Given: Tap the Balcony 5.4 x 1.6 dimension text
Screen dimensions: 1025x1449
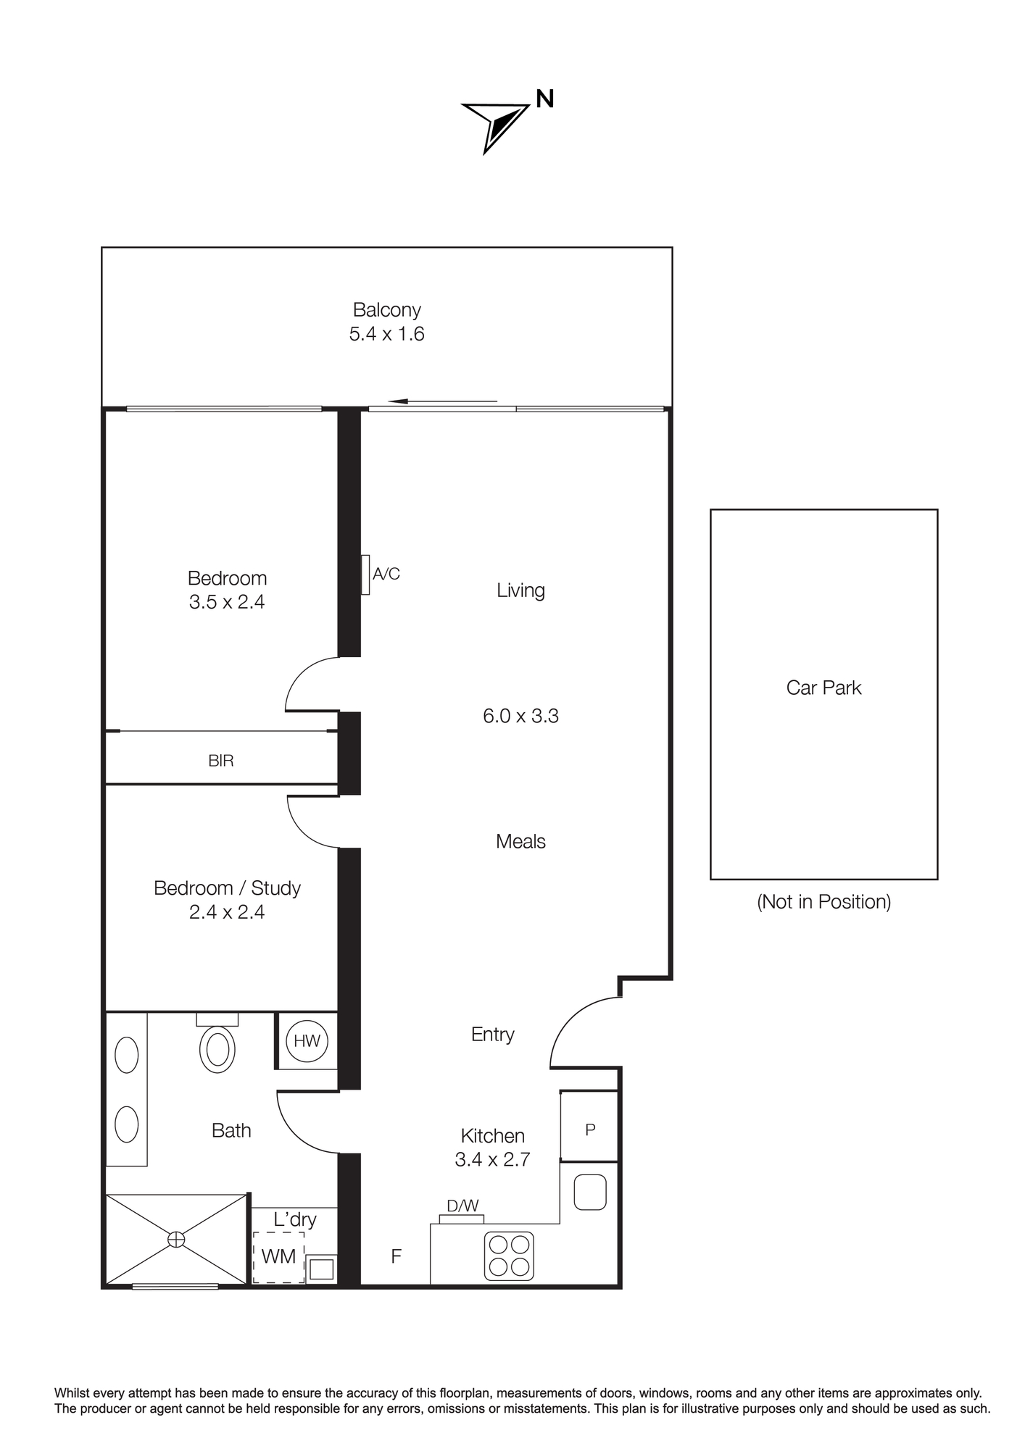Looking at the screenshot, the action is tap(386, 334).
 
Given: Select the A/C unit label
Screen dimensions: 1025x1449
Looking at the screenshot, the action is tap(386, 574).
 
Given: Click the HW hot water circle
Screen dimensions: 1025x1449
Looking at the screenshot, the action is tap(307, 1041).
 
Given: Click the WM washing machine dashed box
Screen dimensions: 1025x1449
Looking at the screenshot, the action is tap(278, 1257).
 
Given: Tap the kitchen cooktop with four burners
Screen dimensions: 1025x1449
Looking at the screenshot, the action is tap(509, 1256).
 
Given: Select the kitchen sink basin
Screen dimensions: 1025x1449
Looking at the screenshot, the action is tap(590, 1192).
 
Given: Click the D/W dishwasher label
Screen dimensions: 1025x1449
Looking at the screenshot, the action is tap(462, 1206).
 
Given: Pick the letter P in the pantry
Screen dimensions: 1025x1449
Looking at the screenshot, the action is tap(590, 1129).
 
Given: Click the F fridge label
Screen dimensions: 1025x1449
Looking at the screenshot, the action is tap(396, 1256).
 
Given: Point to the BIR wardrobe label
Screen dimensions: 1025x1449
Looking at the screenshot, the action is tap(220, 761).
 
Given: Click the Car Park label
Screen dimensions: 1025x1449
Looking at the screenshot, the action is tap(823, 688).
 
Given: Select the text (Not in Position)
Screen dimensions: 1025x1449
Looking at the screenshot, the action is tap(823, 901).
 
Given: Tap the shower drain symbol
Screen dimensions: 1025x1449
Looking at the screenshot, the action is tap(176, 1240).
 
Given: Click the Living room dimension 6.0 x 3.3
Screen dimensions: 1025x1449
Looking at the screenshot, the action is tap(520, 716).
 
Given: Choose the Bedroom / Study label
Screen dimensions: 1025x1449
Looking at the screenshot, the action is tap(227, 888).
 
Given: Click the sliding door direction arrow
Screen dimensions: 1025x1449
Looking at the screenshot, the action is tap(442, 401).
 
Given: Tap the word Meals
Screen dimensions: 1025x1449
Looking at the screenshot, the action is tap(520, 841).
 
